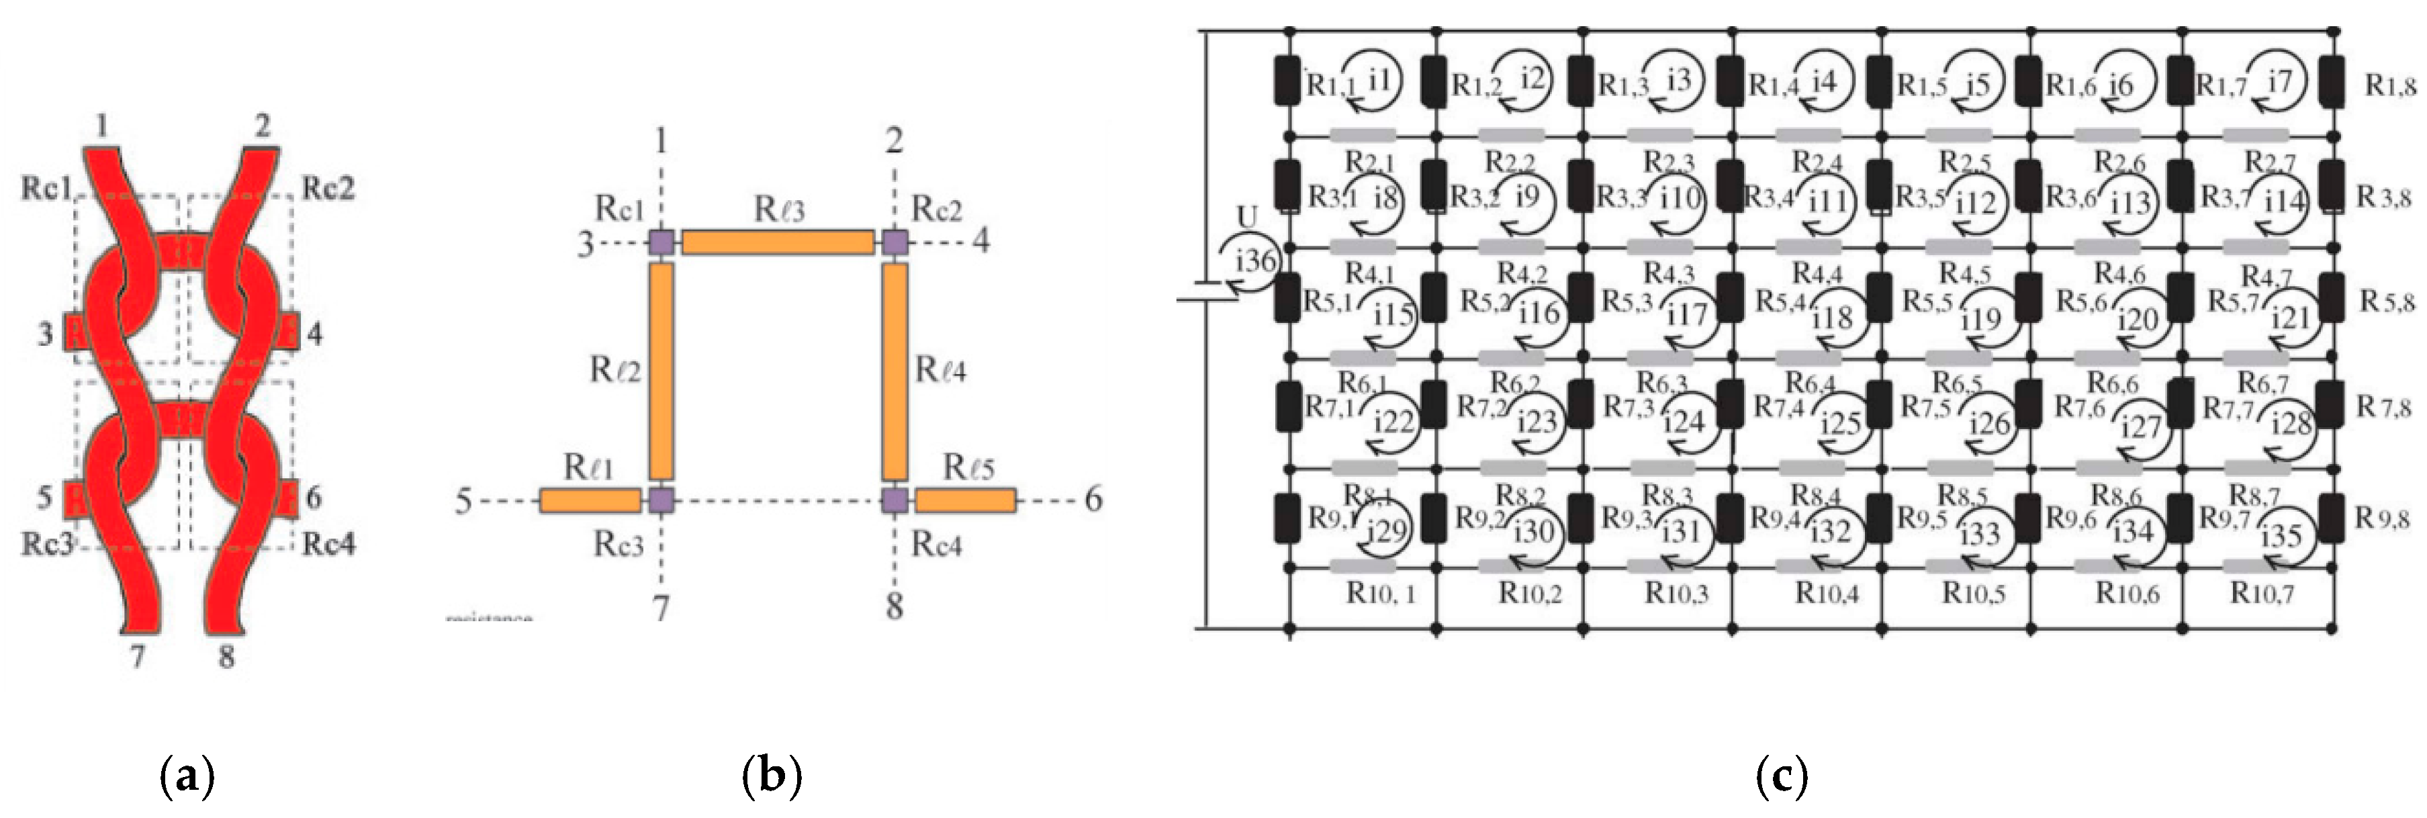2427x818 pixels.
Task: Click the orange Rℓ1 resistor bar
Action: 590,500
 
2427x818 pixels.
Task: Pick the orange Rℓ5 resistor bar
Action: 965,500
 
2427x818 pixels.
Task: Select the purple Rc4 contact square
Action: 894,500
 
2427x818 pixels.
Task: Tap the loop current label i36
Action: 1254,259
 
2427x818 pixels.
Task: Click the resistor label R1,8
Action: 2390,87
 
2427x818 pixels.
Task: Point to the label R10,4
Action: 1826,594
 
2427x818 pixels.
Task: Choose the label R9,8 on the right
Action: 2383,518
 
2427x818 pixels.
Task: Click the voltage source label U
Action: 1246,217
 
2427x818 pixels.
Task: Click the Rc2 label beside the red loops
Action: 328,189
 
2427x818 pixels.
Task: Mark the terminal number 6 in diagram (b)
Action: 1093,500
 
